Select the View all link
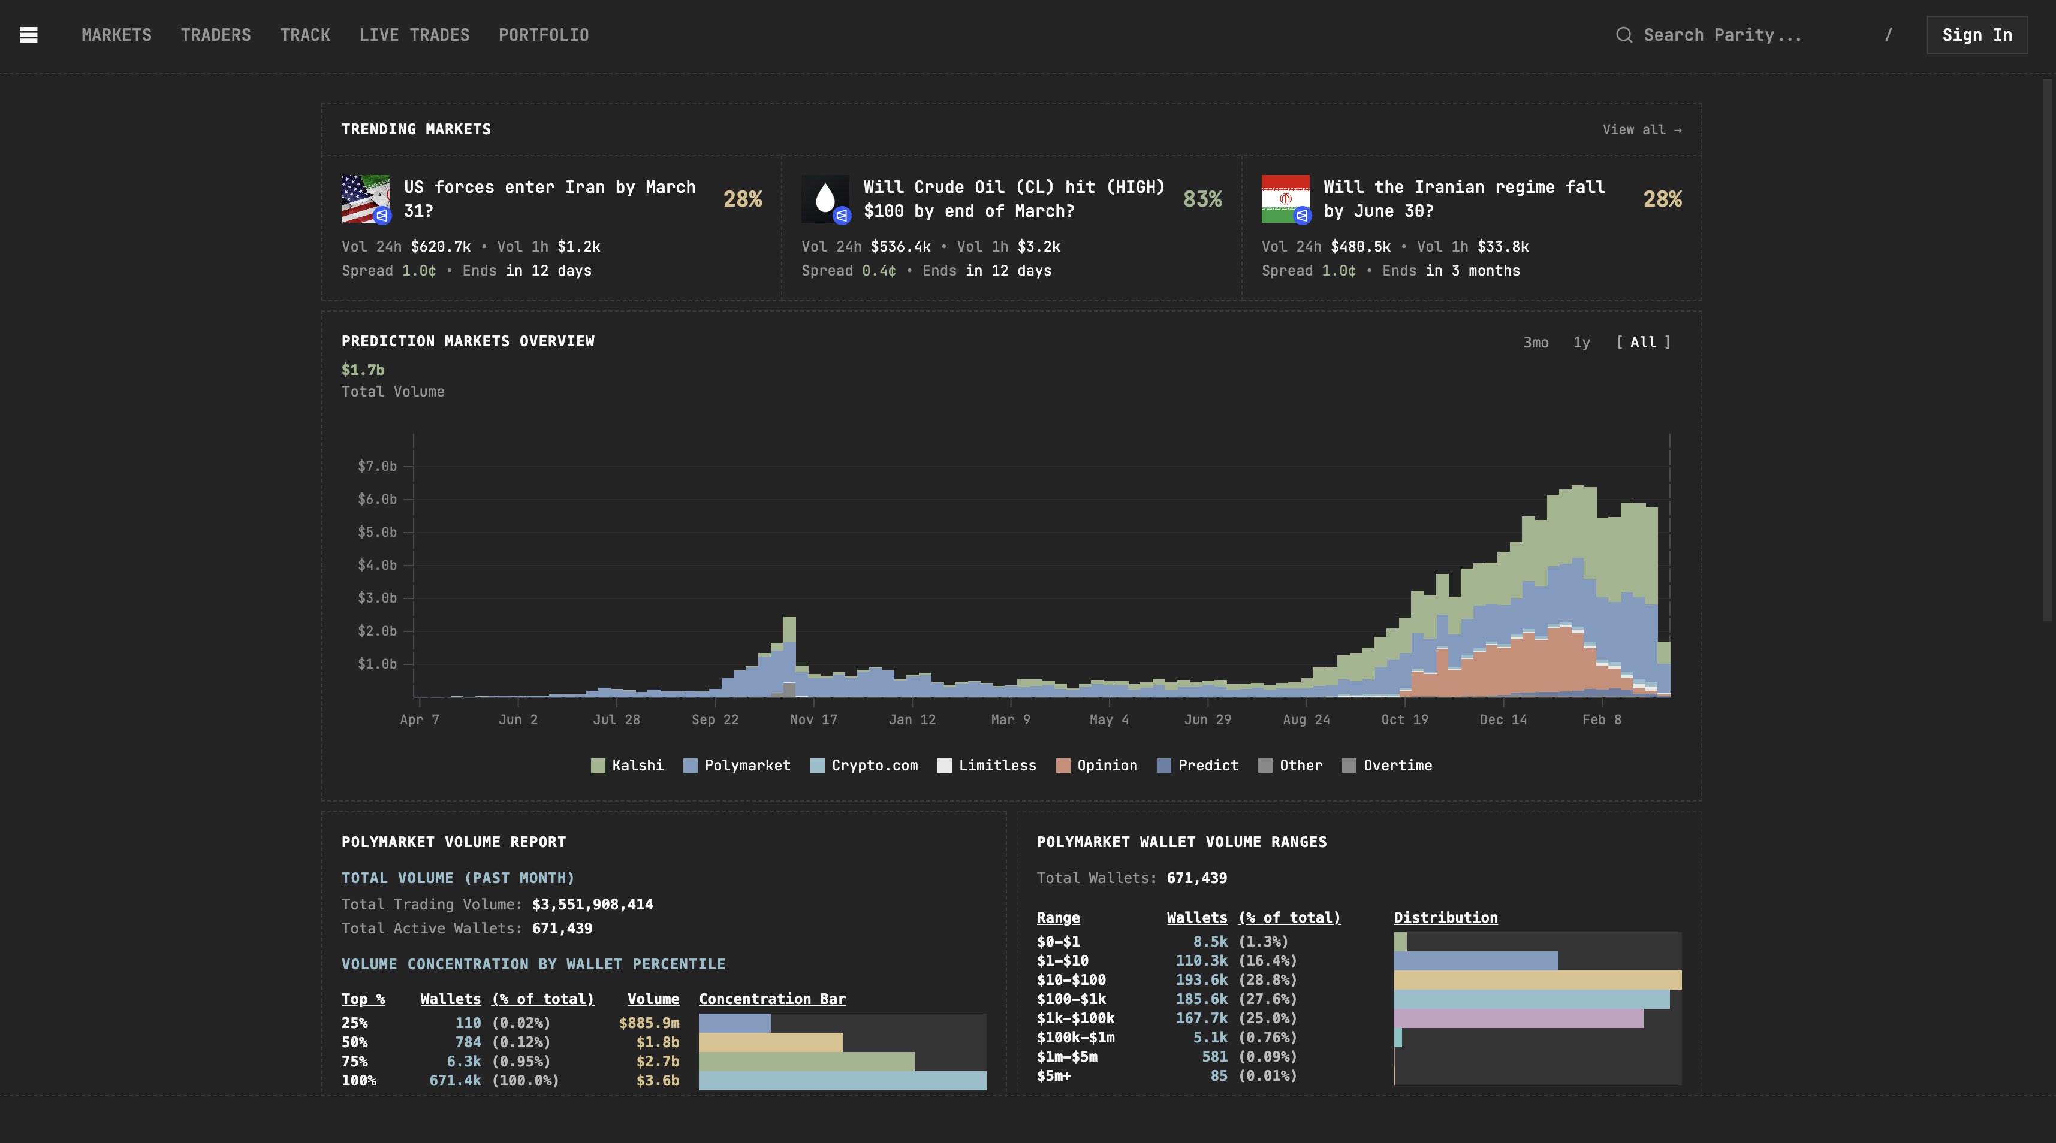pyautogui.click(x=1641, y=130)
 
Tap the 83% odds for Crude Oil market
pyautogui.click(x=1202, y=199)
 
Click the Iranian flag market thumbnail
pyautogui.click(x=1285, y=199)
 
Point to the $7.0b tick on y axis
pyautogui.click(x=376, y=467)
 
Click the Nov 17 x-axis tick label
pyautogui.click(x=813, y=719)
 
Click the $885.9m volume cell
pyautogui.click(x=649, y=1023)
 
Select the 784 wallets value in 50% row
pyautogui.click(x=468, y=1042)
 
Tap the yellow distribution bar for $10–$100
pyautogui.click(x=1538, y=980)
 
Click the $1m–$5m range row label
pyautogui.click(x=1066, y=1057)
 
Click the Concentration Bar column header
pyautogui.click(x=772, y=999)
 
